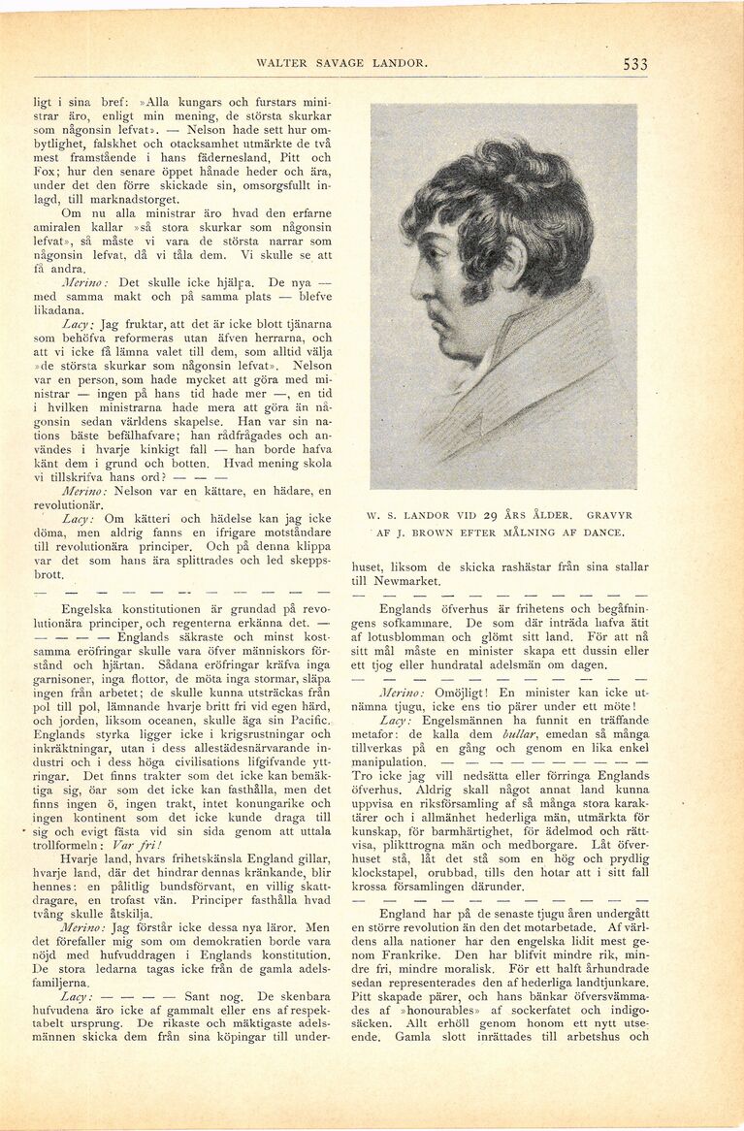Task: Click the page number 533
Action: point(635,64)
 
